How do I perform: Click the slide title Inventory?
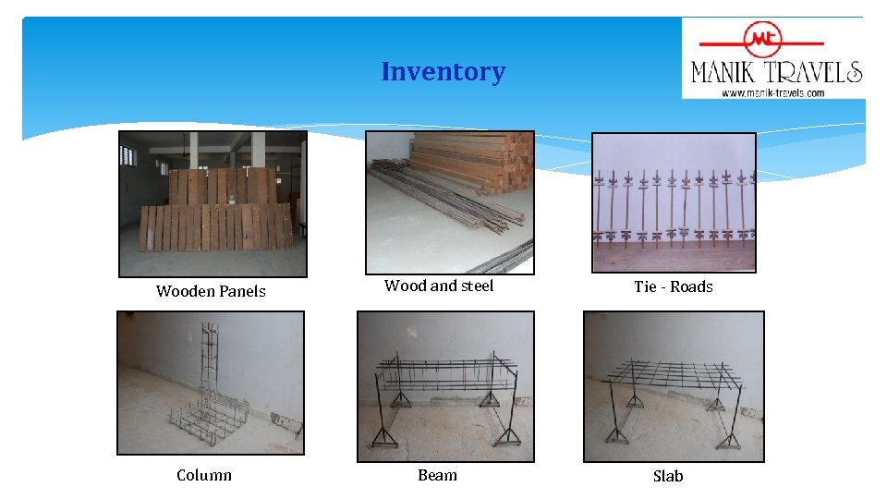[443, 71]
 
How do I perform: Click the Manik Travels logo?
[774, 58]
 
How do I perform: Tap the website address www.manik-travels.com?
[773, 92]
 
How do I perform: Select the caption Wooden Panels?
[211, 291]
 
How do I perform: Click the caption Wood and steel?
[439, 286]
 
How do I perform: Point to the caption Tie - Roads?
[674, 286]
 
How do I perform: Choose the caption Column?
[204, 475]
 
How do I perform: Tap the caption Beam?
[437, 475]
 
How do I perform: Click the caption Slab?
[668, 476]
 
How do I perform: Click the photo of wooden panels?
[213, 203]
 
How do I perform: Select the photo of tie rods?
[674, 202]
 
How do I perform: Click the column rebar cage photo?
[211, 383]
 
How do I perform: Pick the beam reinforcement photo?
[445, 386]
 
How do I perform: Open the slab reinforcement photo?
[674, 386]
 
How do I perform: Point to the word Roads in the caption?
[692, 286]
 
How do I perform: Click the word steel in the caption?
[477, 286]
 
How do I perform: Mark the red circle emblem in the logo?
[763, 40]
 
